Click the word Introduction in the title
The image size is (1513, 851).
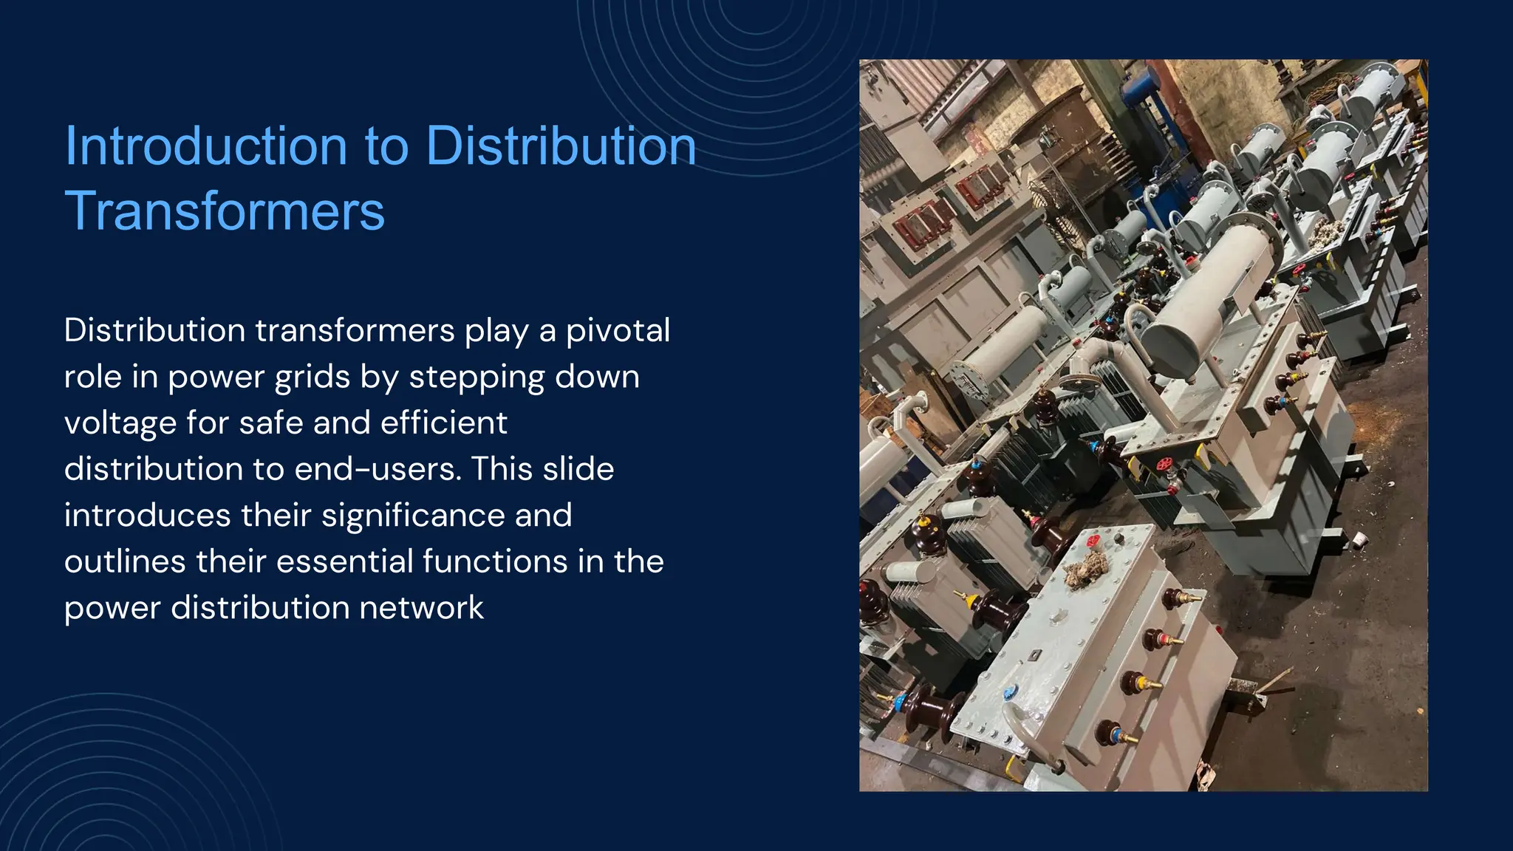[205, 146]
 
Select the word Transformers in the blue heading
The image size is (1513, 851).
[225, 211]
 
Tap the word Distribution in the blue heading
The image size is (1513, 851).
[561, 146]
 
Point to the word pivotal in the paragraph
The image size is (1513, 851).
[618, 330]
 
